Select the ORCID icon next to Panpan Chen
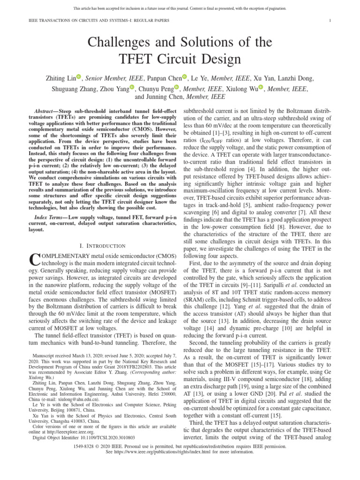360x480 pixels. [x=185, y=78]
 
